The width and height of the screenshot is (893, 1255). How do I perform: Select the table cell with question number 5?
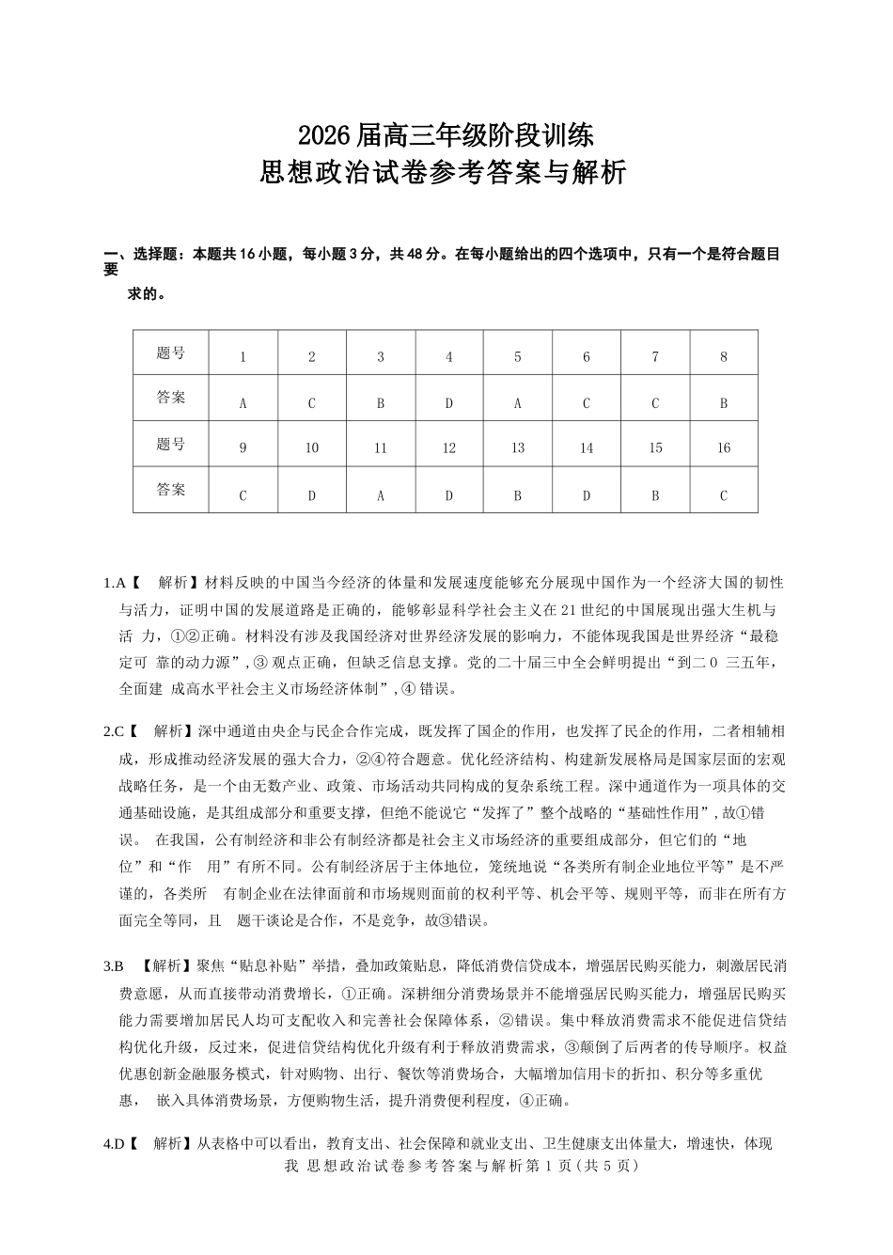[x=518, y=357]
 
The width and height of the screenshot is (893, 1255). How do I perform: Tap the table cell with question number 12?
[x=449, y=448]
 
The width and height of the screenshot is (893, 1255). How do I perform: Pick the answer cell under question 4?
[x=449, y=403]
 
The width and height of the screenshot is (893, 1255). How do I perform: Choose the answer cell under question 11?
[x=381, y=495]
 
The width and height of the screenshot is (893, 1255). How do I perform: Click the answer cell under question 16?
[x=724, y=495]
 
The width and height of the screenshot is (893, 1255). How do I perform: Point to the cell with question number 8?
[x=724, y=357]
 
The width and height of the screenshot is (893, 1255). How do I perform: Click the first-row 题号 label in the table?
[x=171, y=353]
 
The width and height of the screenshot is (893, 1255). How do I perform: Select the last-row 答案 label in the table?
[x=171, y=490]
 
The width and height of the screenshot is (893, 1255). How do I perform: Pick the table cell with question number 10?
[x=312, y=448]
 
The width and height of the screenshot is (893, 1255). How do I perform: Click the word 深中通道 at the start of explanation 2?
[x=218, y=730]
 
